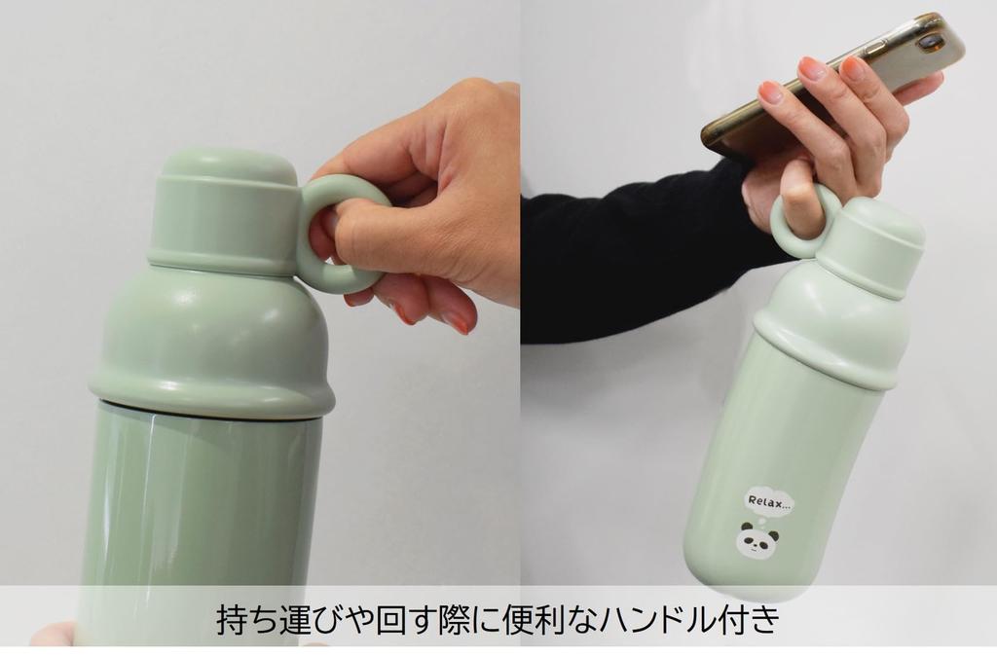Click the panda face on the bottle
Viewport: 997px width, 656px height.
[757, 541]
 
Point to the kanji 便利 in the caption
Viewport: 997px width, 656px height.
[532, 620]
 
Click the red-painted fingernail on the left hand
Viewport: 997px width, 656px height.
[455, 321]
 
